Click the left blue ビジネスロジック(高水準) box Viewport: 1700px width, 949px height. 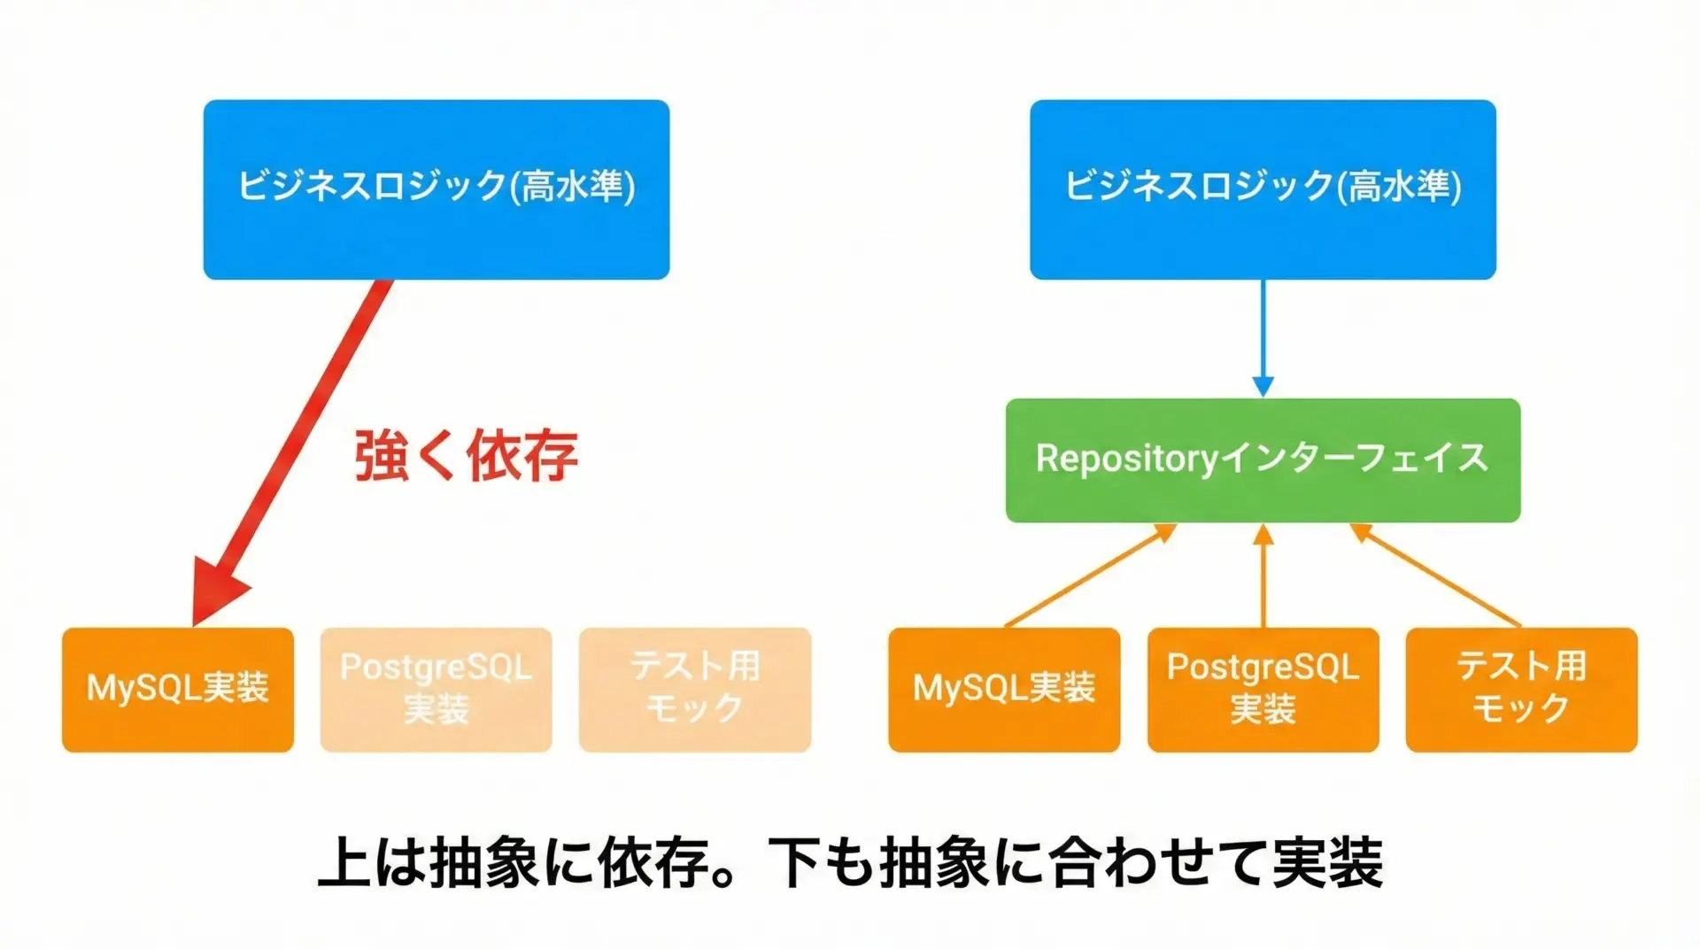click(436, 189)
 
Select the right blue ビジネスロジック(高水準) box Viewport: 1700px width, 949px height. click(1263, 189)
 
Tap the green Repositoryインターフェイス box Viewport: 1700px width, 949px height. click(1263, 460)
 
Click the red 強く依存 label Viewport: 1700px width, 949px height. click(466, 457)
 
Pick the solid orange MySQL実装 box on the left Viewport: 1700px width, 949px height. click(177, 690)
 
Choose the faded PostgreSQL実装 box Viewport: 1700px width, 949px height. click(436, 690)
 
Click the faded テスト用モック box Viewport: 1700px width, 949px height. click(695, 690)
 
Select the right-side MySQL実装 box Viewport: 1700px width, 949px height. click(1004, 690)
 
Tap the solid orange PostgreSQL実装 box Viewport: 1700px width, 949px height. click(1263, 690)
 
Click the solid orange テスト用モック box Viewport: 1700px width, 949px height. click(1521, 690)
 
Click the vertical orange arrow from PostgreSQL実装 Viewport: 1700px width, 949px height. click(1263, 575)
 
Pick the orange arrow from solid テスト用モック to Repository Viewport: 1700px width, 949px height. click(1436, 575)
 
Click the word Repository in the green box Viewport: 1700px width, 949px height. click(1127, 459)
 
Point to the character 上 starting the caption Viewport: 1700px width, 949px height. click(344, 862)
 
